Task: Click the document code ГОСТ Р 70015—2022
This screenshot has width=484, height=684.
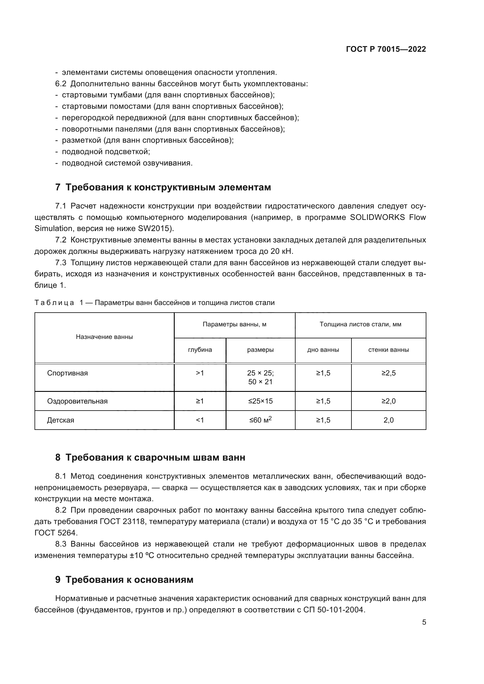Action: (x=386, y=49)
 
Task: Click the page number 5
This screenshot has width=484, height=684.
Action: (x=424, y=622)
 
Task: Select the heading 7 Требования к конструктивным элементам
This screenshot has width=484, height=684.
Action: (x=163, y=187)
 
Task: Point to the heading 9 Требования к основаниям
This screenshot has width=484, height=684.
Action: (x=124, y=579)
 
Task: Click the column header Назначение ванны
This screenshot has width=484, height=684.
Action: (x=104, y=337)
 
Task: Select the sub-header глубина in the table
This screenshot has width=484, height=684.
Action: (x=200, y=350)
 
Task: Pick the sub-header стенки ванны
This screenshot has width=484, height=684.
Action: (x=388, y=350)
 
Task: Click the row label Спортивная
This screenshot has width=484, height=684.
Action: (x=67, y=373)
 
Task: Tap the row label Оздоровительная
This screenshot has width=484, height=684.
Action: (x=77, y=401)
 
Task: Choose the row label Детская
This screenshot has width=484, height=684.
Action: (x=61, y=420)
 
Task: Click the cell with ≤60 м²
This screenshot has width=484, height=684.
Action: (x=260, y=420)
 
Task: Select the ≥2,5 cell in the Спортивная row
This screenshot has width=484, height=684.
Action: (x=388, y=373)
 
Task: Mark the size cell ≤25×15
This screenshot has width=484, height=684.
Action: (x=260, y=401)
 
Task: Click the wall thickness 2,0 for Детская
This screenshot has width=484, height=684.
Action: (x=388, y=420)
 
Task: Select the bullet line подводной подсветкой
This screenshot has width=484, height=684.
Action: (x=106, y=152)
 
